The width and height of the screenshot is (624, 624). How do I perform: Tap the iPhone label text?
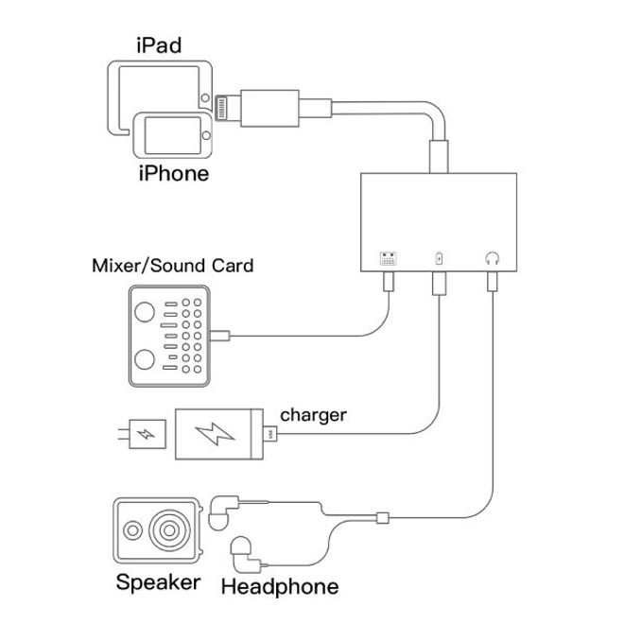pyautogui.click(x=173, y=174)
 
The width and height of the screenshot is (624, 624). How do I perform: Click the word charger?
pyautogui.click(x=314, y=414)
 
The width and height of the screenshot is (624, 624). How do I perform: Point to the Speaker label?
pyautogui.click(x=158, y=581)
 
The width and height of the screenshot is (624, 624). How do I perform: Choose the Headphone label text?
pyautogui.click(x=279, y=586)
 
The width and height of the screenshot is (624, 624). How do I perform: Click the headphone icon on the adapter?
pyautogui.click(x=491, y=258)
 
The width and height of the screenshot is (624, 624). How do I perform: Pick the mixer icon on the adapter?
pyautogui.click(x=388, y=258)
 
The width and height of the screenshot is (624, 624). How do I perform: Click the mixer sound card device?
pyautogui.click(x=170, y=336)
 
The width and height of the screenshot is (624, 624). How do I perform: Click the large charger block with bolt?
pyautogui.click(x=219, y=436)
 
